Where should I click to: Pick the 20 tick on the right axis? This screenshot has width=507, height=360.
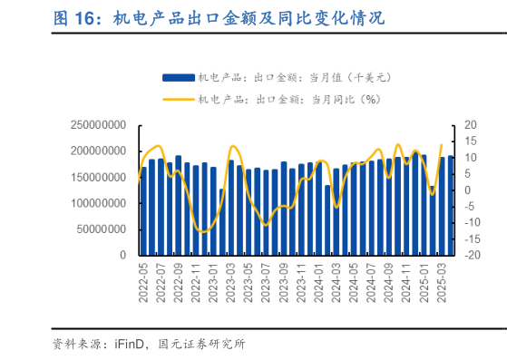pos(444,124)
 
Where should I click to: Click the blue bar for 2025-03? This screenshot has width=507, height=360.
pos(442,206)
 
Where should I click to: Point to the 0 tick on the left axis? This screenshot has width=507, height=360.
pos(122,256)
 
